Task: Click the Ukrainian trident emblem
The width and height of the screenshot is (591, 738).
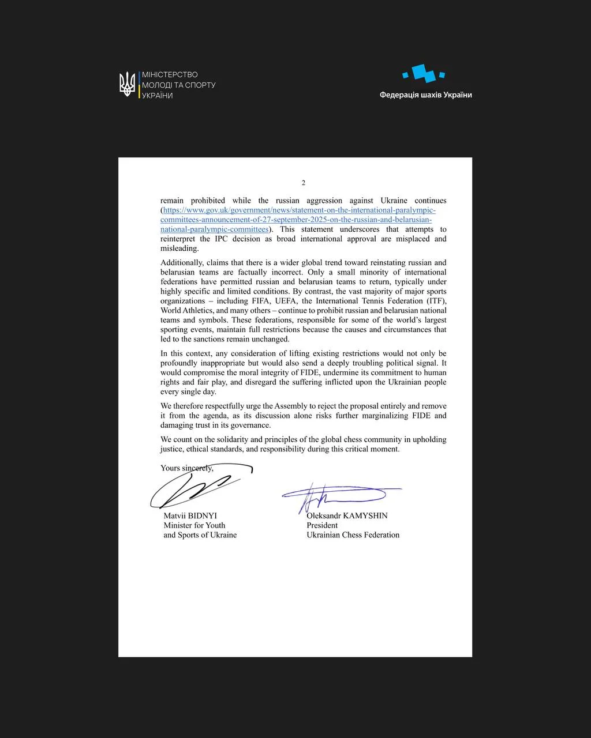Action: tap(127, 84)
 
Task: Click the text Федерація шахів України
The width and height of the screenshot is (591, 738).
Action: tap(425, 95)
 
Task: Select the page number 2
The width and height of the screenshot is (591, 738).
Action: tap(304, 183)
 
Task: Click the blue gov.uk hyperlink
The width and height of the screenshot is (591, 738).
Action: tap(298, 220)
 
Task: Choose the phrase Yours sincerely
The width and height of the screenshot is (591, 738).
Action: tap(187, 468)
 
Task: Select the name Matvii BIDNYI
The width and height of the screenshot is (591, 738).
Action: tap(190, 516)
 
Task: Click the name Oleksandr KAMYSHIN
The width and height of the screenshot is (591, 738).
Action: tap(347, 516)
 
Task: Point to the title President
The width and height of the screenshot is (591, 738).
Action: tap(322, 525)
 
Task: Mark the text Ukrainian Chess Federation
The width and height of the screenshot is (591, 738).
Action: tap(353, 535)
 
